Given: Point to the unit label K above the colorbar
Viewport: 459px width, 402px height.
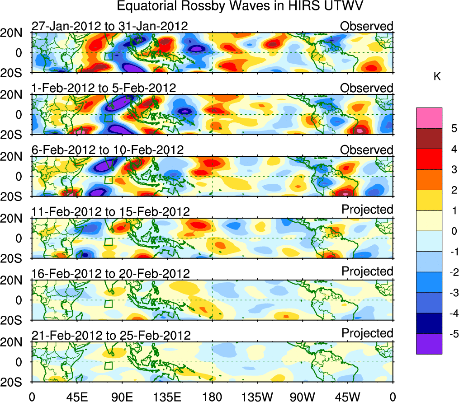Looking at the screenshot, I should click(x=437, y=77).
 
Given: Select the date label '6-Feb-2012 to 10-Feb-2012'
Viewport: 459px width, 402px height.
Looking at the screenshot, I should click(x=108, y=150).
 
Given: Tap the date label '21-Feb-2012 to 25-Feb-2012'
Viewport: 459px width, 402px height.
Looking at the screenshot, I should click(x=111, y=335).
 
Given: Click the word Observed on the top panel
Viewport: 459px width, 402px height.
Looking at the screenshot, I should click(x=367, y=26).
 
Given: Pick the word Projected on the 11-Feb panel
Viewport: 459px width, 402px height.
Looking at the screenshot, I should click(x=367, y=210).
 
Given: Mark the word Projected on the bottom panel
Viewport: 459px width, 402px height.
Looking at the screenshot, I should click(x=367, y=333).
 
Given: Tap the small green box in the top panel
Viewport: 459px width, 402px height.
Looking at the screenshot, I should click(x=108, y=56).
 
